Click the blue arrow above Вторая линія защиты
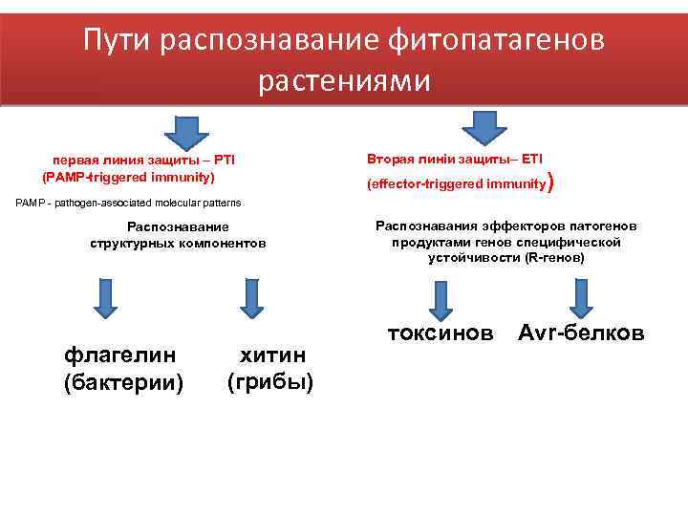485,126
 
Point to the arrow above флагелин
108,297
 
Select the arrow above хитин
250,297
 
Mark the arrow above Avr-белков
581,297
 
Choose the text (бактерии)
122,382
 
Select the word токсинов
441,333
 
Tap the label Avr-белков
581,333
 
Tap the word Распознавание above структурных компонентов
178,226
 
